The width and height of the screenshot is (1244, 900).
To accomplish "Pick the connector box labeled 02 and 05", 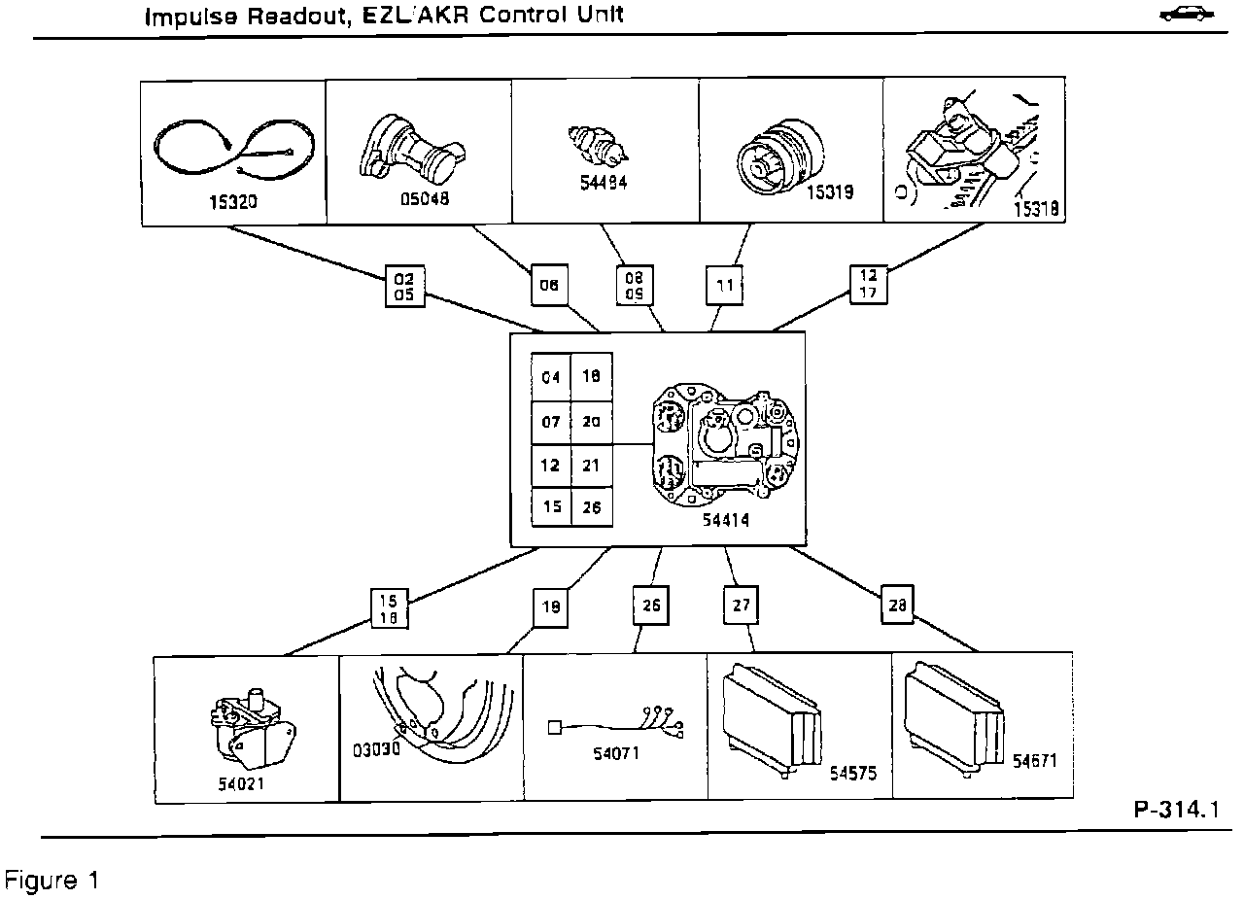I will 404,285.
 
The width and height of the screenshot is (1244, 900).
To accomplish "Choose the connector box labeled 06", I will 549,286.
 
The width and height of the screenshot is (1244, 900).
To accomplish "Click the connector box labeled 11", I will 724,286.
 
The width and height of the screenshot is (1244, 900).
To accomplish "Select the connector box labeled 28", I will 897,604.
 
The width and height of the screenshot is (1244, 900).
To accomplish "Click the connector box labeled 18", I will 549,606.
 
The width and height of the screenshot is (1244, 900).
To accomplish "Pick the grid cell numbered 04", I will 551,377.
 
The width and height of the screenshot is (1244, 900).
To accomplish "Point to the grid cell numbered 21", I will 591,466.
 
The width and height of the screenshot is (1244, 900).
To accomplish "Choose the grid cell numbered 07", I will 551,422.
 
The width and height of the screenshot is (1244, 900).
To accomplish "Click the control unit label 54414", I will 726,521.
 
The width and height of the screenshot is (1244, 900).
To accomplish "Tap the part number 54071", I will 615,752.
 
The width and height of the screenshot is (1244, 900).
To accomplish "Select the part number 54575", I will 854,773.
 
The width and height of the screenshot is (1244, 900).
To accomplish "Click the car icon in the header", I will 1188,15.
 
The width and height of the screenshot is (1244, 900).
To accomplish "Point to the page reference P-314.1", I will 1175,811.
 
